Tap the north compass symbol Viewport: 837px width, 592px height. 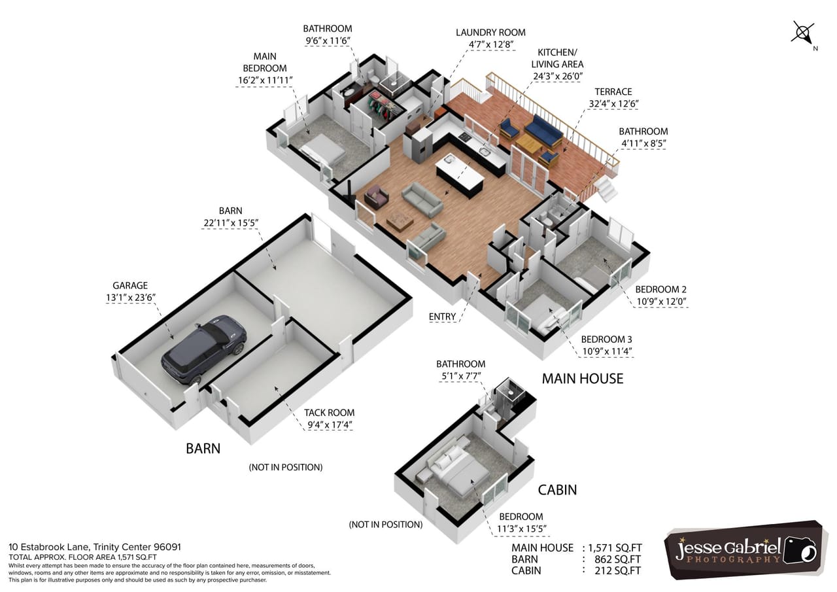point(803,32)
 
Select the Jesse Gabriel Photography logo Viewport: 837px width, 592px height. point(746,550)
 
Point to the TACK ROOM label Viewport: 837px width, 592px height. point(329,413)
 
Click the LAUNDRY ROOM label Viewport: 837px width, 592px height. point(490,33)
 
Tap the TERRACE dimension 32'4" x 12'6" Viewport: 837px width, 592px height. point(613,103)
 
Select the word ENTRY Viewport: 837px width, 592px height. point(442,317)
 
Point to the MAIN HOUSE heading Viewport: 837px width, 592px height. point(582,378)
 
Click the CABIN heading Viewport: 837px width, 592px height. point(557,489)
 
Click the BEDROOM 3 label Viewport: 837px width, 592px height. point(606,340)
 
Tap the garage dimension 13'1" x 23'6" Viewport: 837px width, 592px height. point(130,297)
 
